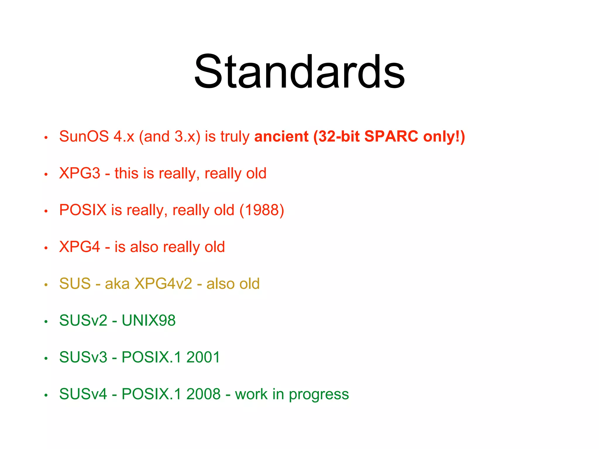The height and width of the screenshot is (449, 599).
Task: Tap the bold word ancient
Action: point(281,137)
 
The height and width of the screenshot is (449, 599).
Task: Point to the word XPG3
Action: point(80,173)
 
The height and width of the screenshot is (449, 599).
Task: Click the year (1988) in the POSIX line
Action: point(262,210)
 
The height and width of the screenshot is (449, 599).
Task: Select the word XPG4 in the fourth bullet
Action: point(80,247)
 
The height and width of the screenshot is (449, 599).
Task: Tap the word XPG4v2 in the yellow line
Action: point(163,284)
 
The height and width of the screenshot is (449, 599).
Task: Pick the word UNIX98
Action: point(149,321)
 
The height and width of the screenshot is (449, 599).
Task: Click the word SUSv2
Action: point(83,321)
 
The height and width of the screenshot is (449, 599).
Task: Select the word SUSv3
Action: point(83,358)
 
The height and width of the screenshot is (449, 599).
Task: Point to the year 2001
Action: point(203,358)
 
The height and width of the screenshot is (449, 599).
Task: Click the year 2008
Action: point(203,394)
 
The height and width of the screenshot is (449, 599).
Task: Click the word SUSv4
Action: point(83,394)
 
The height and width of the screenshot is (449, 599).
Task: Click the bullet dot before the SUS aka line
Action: point(46,285)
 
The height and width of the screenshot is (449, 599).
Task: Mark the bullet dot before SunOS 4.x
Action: point(46,137)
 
